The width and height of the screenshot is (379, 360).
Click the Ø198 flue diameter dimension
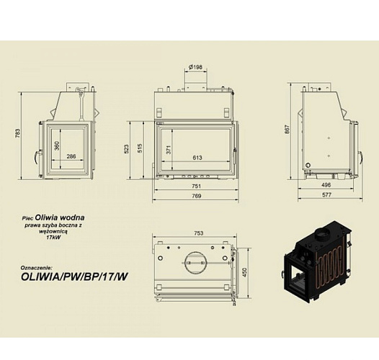point(195,67)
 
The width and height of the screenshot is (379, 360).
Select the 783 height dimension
point(17,133)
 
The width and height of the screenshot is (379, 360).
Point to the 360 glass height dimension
point(57,145)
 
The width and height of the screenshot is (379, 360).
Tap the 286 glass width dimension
point(71,156)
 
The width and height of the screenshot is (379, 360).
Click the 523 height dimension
point(126,149)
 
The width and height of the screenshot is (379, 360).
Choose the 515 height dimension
point(140,148)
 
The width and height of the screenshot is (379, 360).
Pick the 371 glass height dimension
point(169,150)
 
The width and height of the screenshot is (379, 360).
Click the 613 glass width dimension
point(197,158)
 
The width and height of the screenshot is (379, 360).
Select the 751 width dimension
point(196,186)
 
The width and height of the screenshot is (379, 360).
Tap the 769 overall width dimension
point(196,196)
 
